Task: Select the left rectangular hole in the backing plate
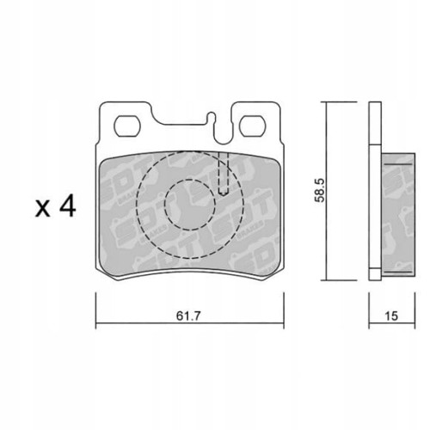(x=128, y=124)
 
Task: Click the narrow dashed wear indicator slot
(x=223, y=175)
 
